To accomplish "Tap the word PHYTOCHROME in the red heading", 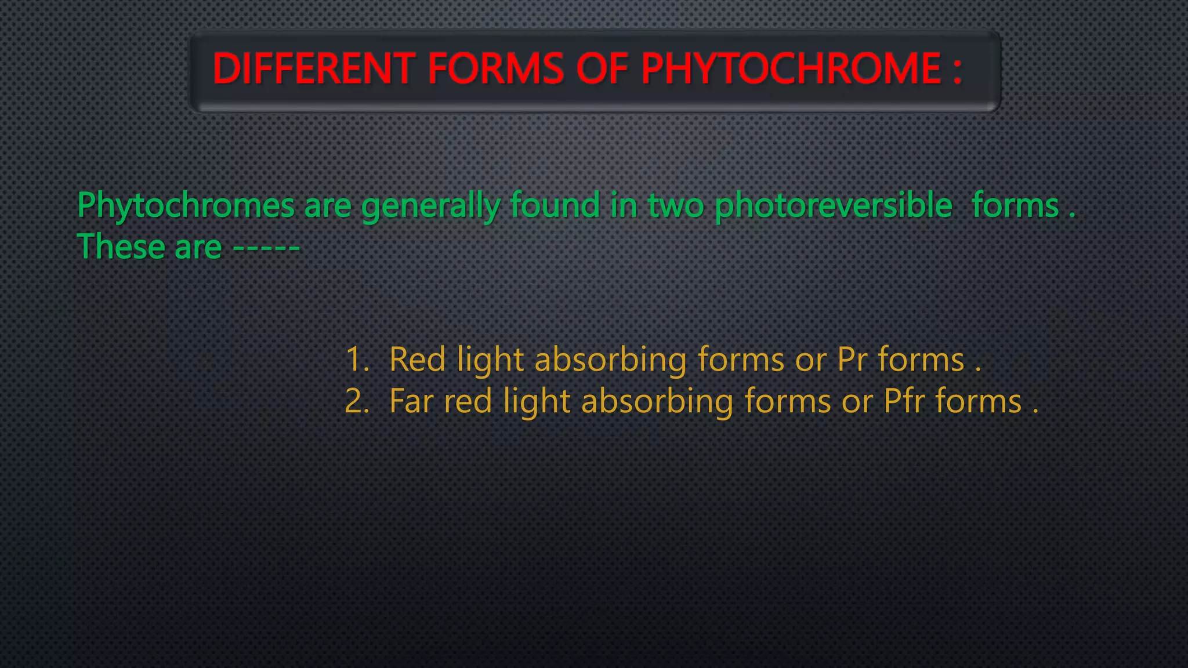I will coord(791,69).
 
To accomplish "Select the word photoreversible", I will coord(834,206).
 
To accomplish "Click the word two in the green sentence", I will coord(676,206).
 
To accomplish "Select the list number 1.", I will coord(356,360).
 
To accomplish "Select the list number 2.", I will coord(356,401).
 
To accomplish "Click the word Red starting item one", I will coord(417,360).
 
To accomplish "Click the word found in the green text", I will coord(555,206).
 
